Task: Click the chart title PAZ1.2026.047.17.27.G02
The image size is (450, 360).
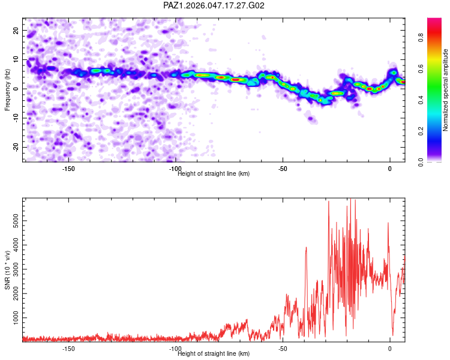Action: pyautogui.click(x=214, y=5)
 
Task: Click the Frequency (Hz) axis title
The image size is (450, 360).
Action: pyautogui.click(x=7, y=90)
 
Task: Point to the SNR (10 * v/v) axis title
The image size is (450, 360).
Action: pyautogui.click(x=7, y=270)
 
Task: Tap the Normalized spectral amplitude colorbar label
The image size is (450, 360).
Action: pyautogui.click(x=445, y=90)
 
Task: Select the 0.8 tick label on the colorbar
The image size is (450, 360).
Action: pyautogui.click(x=421, y=37)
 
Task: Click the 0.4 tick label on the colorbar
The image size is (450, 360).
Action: pyautogui.click(x=421, y=100)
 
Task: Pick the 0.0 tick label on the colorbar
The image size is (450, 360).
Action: pyautogui.click(x=421, y=162)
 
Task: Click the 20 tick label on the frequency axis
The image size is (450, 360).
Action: pyautogui.click(x=16, y=31)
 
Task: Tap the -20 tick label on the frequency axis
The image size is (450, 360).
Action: pyautogui.click(x=16, y=147)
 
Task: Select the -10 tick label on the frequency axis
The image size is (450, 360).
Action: pyautogui.click(x=16, y=118)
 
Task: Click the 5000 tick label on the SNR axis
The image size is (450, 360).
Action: pyautogui.click(x=16, y=221)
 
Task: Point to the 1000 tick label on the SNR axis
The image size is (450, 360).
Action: pyautogui.click(x=16, y=318)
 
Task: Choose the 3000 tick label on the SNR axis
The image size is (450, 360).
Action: pyautogui.click(x=16, y=269)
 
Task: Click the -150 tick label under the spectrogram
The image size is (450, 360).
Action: pyautogui.click(x=68, y=169)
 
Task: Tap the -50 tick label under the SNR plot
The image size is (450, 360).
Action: pyautogui.click(x=283, y=349)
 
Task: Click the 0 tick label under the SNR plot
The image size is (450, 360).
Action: pyautogui.click(x=390, y=349)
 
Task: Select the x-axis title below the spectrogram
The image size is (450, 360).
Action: pyautogui.click(x=214, y=173)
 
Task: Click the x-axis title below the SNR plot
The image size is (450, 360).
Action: pyautogui.click(x=214, y=353)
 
